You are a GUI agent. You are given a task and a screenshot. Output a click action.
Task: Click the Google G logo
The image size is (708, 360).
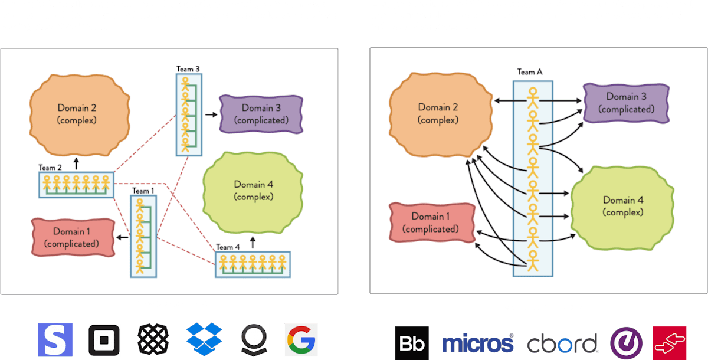tap(301, 339)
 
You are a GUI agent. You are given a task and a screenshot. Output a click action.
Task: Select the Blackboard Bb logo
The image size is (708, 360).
tap(412, 343)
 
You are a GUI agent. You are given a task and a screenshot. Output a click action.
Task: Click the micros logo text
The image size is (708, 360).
tap(477, 343)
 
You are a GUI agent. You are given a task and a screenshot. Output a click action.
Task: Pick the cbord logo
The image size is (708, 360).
tap(562, 343)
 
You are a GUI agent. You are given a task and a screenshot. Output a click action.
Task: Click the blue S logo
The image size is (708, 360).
tap(55, 339)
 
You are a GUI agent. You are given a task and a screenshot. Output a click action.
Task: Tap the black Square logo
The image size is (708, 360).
tap(104, 339)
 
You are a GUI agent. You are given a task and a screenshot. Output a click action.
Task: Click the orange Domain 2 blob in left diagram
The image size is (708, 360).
tap(77, 113)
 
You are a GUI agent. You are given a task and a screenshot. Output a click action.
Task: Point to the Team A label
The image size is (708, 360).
tap(529, 72)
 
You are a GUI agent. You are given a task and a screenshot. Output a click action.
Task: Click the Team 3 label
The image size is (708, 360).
tap(188, 69)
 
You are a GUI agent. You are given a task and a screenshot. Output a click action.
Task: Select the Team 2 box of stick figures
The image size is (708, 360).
tap(76, 185)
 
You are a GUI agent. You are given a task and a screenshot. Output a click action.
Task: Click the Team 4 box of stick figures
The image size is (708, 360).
tap(253, 265)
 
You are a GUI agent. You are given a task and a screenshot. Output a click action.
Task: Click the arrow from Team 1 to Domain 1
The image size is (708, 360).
tap(122, 237)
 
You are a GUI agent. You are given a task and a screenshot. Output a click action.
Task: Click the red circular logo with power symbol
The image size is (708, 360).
tap(622, 343)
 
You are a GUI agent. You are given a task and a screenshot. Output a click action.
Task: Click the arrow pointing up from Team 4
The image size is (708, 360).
tap(253, 242)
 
